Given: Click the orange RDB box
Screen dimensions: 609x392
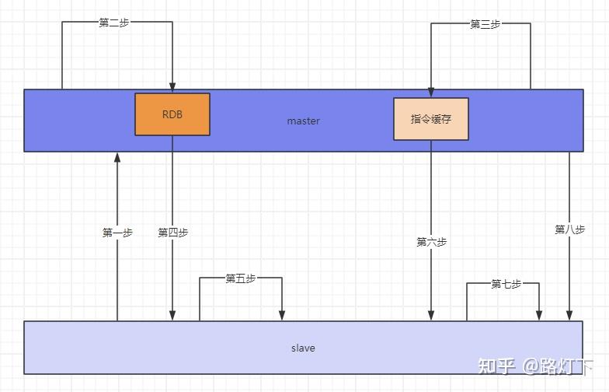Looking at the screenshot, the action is pyautogui.click(x=172, y=114).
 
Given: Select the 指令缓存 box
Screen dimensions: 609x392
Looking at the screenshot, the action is pyautogui.click(x=431, y=119).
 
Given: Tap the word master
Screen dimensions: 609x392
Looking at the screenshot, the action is pyautogui.click(x=303, y=121).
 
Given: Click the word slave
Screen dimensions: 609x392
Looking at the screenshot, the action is pyautogui.click(x=303, y=348).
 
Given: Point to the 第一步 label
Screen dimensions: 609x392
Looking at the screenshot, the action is pyautogui.click(x=117, y=233).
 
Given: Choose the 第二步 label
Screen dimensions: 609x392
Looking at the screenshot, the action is pyautogui.click(x=113, y=23).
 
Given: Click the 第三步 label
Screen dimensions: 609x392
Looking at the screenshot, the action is pyautogui.click(x=485, y=24).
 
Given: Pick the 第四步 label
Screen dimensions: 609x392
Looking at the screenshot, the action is pyautogui.click(x=172, y=233).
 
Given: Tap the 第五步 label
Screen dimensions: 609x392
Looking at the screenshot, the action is pyautogui.click(x=241, y=278).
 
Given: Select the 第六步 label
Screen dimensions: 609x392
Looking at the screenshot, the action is pyautogui.click(x=432, y=242).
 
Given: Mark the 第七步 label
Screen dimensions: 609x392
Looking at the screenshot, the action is pyautogui.click(x=506, y=284).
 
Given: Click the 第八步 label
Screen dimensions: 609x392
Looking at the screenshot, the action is pyautogui.click(x=570, y=229).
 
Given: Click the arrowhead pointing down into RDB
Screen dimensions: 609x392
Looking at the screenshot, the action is pyautogui.click(x=172, y=87).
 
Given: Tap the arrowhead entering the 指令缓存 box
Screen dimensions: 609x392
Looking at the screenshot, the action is pyautogui.click(x=431, y=92).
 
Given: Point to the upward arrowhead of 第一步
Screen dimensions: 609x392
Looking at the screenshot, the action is pyautogui.click(x=117, y=157).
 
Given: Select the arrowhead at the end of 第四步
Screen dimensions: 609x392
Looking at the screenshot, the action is pyautogui.click(x=172, y=316).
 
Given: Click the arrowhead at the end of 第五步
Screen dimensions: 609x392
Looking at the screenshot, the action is pyautogui.click(x=282, y=316).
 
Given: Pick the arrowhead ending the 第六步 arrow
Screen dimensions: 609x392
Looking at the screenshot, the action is pyautogui.click(x=431, y=316).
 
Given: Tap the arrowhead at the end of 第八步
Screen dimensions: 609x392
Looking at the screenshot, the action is pyautogui.click(x=569, y=316).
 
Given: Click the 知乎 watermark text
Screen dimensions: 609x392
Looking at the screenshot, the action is pyautogui.click(x=497, y=366).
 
